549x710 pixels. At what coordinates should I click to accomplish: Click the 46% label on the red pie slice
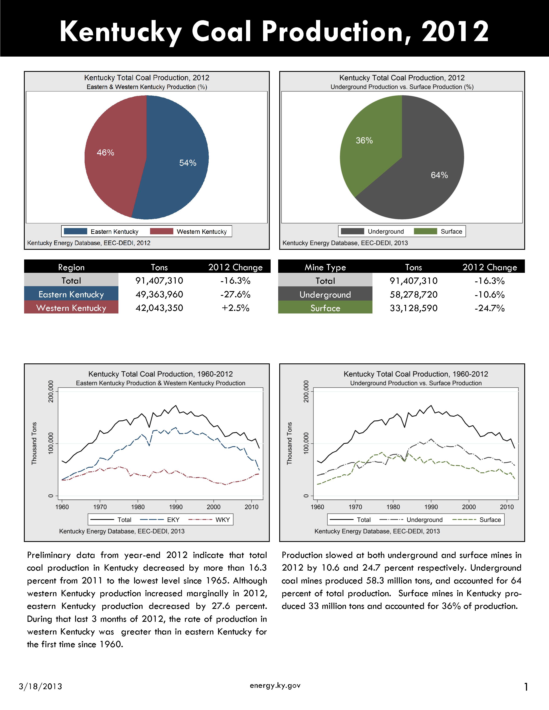(105, 153)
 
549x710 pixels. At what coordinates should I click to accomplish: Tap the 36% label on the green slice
(364, 140)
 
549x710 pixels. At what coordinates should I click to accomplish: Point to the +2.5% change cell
(236, 308)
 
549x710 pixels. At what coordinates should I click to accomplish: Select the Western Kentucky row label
(71, 308)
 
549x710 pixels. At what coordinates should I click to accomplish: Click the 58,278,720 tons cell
(414, 295)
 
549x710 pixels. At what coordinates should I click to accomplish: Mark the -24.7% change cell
(490, 308)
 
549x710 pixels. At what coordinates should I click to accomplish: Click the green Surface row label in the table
(325, 308)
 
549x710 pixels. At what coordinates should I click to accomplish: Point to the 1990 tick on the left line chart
(176, 507)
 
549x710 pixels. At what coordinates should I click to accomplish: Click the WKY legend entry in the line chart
(209, 520)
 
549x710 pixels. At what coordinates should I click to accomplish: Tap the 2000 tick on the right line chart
(469, 507)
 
